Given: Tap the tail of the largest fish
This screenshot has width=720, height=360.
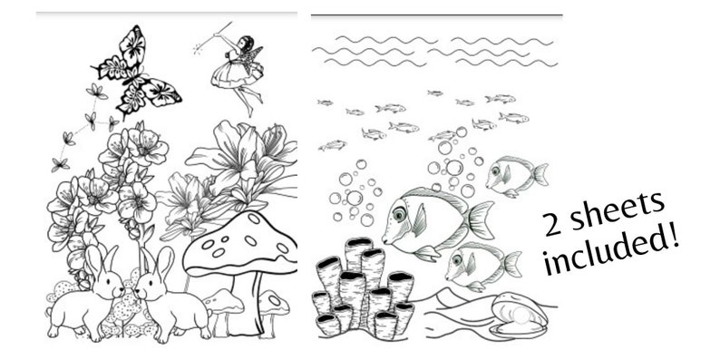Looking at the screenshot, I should tap(481, 218).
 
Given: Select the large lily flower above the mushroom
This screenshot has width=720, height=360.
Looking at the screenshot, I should tap(239, 160).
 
